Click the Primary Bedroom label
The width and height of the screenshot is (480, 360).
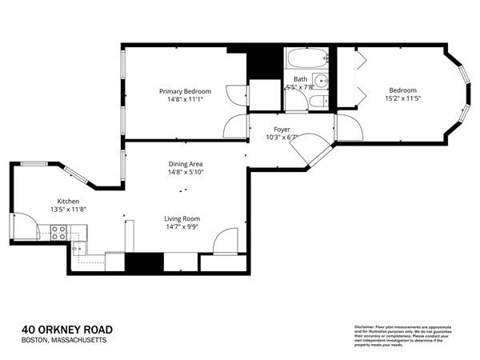click(183, 91)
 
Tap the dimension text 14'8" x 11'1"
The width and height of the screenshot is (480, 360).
click(183, 100)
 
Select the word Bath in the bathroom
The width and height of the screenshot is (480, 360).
click(300, 78)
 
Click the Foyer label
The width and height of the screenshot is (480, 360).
click(281, 129)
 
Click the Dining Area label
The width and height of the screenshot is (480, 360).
click(186, 162)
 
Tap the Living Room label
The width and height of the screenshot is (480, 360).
click(182, 218)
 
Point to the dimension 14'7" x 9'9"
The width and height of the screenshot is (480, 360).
click(182, 227)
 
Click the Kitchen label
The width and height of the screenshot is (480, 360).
click(67, 201)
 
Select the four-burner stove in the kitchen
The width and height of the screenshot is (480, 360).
click(59, 233)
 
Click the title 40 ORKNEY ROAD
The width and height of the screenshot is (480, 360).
click(66, 329)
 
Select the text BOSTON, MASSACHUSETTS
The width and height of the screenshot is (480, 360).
click(63, 340)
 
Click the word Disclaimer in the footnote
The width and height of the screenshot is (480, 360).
click(368, 327)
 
